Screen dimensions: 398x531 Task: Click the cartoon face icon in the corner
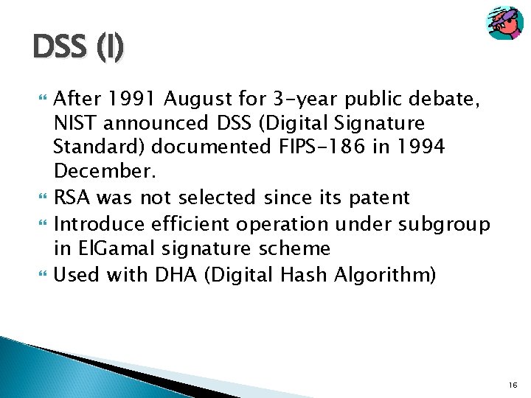504,24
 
